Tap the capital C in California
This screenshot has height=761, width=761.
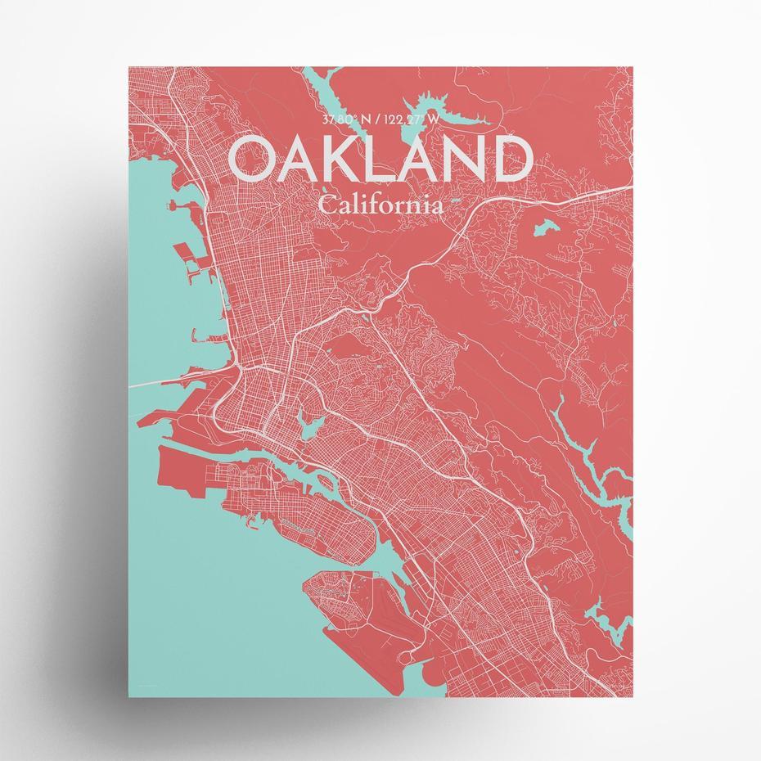[327, 204]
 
